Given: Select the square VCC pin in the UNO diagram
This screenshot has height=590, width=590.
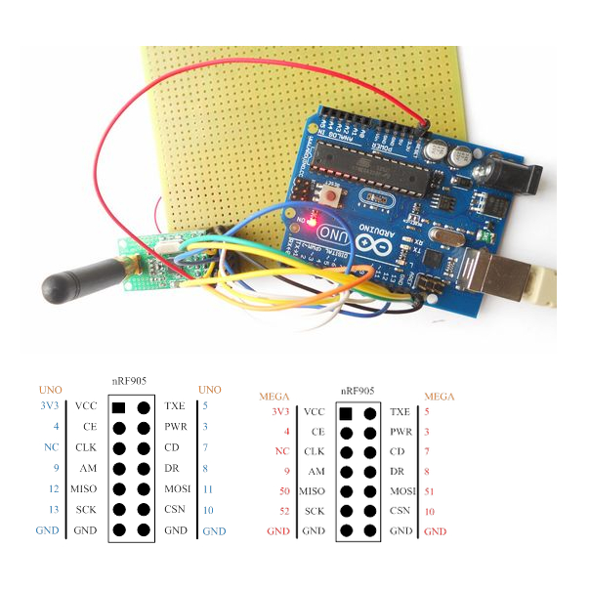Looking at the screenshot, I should click(x=118, y=405).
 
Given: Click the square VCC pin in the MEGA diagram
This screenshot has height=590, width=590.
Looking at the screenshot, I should click(x=344, y=412).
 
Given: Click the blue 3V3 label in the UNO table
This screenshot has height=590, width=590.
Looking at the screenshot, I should click(x=49, y=405).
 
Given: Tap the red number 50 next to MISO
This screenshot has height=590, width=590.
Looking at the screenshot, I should click(x=283, y=490).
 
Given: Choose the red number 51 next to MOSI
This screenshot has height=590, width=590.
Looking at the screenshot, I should click(x=432, y=490).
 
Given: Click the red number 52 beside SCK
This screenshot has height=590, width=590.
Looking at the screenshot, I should click(x=283, y=511).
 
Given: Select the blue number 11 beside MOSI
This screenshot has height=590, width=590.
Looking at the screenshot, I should click(x=206, y=488).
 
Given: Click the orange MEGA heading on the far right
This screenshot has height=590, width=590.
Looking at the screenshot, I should click(x=439, y=397).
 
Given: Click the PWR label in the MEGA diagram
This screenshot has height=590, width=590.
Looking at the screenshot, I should click(x=400, y=432).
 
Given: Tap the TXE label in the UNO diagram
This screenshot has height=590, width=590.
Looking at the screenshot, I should click(x=175, y=405).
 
